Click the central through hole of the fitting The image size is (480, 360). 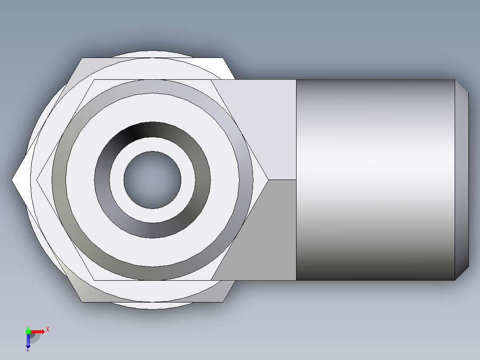click(x=152, y=180)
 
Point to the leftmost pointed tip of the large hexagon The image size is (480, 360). click(x=13, y=180)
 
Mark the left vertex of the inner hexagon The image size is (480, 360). click(x=38, y=180)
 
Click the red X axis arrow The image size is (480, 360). click(x=38, y=331)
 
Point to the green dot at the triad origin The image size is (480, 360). click(x=28, y=331)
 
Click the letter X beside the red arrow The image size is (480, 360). click(x=48, y=330)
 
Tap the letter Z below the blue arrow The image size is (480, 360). click(x=28, y=350)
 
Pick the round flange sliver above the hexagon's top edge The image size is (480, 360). click(x=152, y=54)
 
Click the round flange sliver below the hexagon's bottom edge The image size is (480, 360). click(x=152, y=306)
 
